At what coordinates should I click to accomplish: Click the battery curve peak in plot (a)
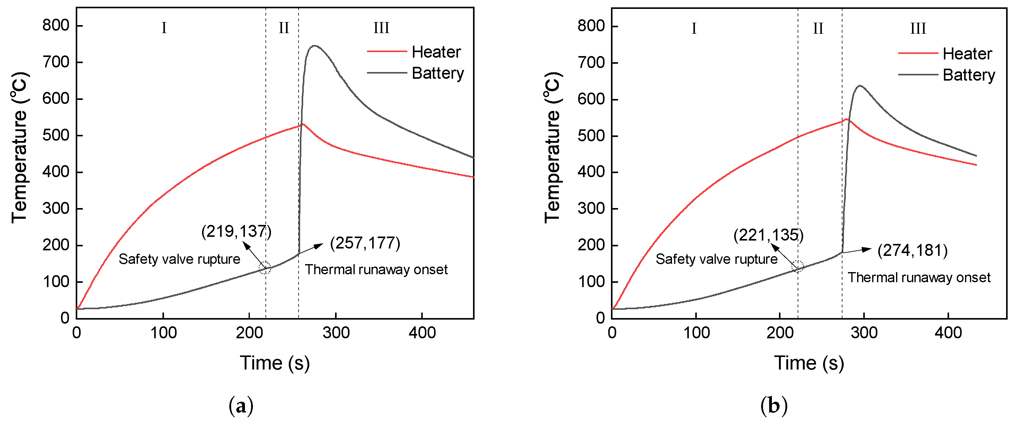[314, 46]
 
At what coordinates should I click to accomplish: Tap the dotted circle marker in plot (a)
[265, 268]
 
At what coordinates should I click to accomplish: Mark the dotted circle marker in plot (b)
[798, 267]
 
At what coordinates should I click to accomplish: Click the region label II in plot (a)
[284, 28]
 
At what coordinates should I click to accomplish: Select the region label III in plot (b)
[918, 28]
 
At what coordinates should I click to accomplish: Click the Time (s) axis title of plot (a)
[275, 363]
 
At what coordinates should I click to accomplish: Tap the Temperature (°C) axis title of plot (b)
[552, 148]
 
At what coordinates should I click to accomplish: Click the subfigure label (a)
[241, 405]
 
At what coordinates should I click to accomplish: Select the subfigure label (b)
[773, 405]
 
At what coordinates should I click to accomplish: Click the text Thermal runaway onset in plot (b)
[919, 278]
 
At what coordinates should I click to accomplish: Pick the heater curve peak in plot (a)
[303, 124]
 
